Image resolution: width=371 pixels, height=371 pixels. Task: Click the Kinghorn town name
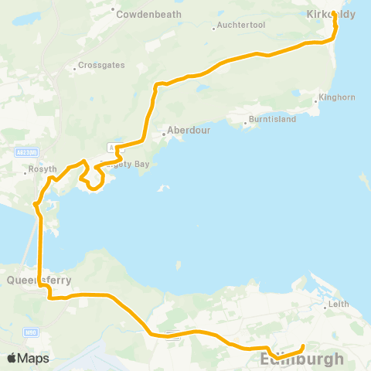point(338,98)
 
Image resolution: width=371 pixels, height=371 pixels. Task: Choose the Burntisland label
point(270,121)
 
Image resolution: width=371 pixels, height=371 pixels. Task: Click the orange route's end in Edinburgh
point(302,346)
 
